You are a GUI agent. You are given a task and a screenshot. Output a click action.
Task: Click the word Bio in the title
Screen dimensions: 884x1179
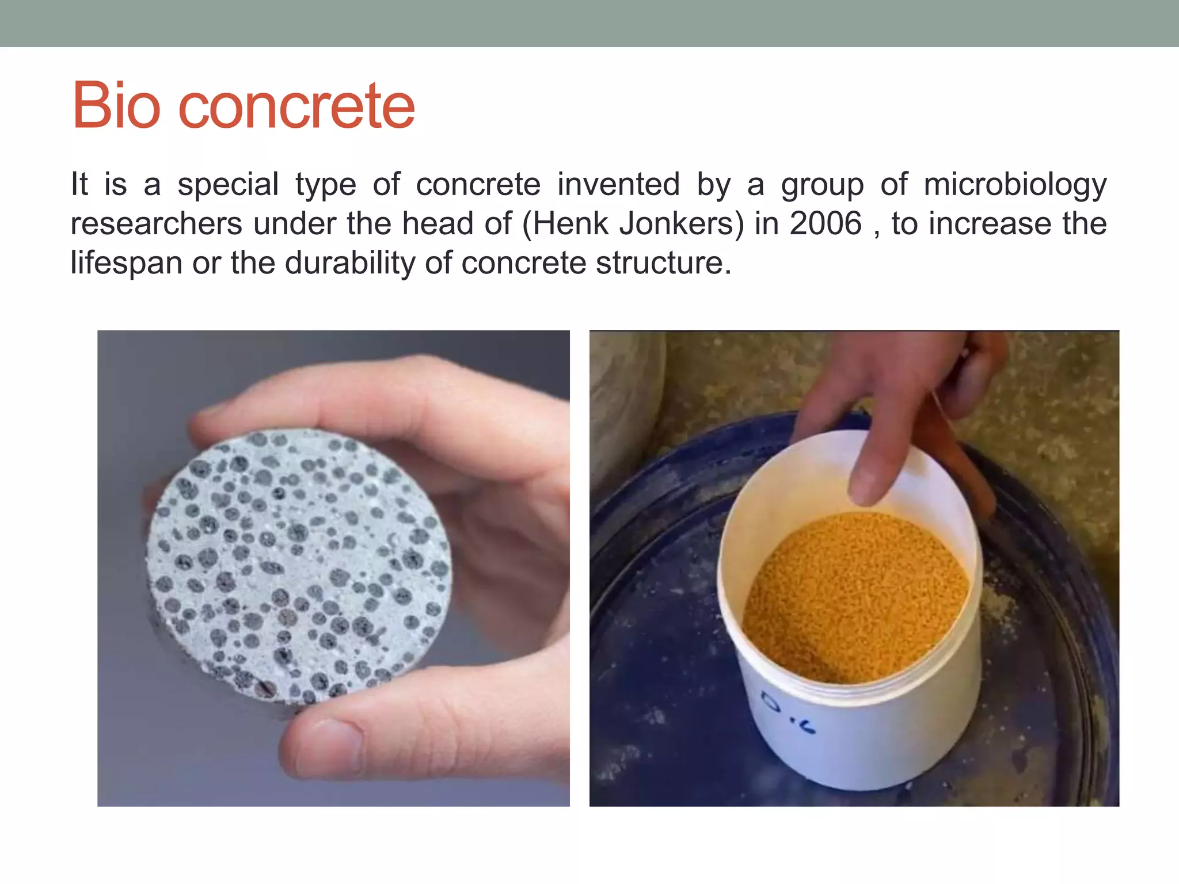click(x=116, y=106)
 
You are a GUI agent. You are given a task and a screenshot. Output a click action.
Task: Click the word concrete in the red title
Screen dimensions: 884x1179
click(x=296, y=107)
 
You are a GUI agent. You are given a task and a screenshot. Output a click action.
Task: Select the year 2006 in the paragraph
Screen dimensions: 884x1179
click(x=826, y=223)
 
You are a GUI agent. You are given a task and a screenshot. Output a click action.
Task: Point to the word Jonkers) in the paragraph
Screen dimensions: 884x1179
click(x=681, y=224)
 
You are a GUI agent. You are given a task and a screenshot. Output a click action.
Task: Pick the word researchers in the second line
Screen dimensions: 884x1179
click(x=156, y=223)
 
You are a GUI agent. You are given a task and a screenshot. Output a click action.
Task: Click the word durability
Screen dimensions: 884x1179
click(x=349, y=264)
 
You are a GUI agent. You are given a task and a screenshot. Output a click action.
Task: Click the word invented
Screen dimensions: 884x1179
click(x=618, y=184)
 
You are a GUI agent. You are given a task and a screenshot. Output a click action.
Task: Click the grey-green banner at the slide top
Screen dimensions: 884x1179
click(x=589, y=23)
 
